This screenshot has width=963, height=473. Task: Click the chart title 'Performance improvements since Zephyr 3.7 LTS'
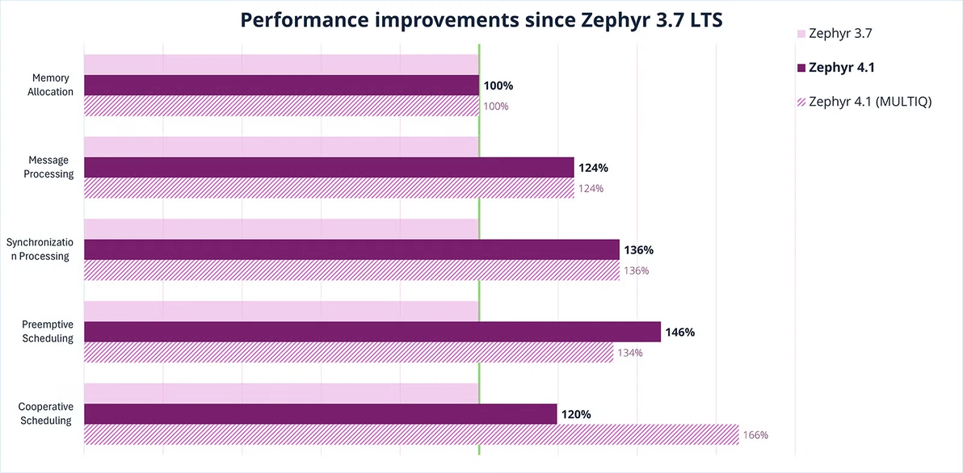(481, 21)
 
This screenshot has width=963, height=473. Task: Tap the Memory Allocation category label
(51, 85)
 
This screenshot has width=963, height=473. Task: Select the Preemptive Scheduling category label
(48, 332)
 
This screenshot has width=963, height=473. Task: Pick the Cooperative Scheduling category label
(46, 414)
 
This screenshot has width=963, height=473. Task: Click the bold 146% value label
(679, 332)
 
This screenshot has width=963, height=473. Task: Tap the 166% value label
(755, 435)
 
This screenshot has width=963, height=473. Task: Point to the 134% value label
(629, 353)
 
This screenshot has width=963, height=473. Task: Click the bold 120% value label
(576, 414)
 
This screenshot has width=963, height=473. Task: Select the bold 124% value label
(592, 168)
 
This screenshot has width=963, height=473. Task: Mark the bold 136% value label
(638, 250)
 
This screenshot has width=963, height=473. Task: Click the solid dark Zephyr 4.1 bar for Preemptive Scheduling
(372, 332)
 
